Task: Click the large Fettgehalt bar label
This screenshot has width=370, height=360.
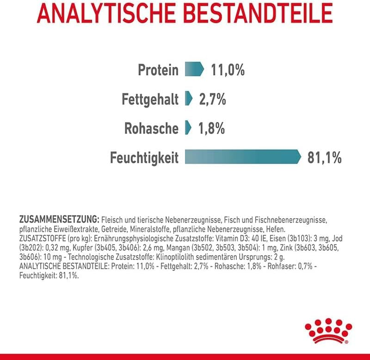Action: [150, 99]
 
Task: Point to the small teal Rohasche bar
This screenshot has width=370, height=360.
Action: [188, 128]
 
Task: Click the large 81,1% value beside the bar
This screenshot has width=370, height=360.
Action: [325, 157]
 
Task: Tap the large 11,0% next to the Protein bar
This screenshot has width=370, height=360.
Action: [227, 70]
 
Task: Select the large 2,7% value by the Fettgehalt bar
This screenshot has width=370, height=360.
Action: [212, 99]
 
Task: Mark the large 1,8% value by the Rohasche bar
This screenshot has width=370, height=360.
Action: [211, 128]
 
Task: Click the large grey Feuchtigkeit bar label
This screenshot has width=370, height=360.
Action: [144, 158]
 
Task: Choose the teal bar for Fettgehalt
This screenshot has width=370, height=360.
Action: [189, 99]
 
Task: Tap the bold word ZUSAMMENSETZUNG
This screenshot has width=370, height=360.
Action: [59, 220]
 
